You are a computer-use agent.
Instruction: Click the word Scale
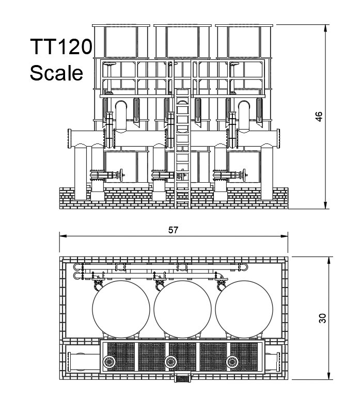click(x=56, y=73)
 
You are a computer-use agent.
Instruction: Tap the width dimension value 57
click(x=174, y=230)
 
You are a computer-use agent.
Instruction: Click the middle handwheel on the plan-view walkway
click(x=170, y=361)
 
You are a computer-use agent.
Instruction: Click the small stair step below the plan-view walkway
click(x=183, y=378)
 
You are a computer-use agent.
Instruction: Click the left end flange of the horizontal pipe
click(x=69, y=138)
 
